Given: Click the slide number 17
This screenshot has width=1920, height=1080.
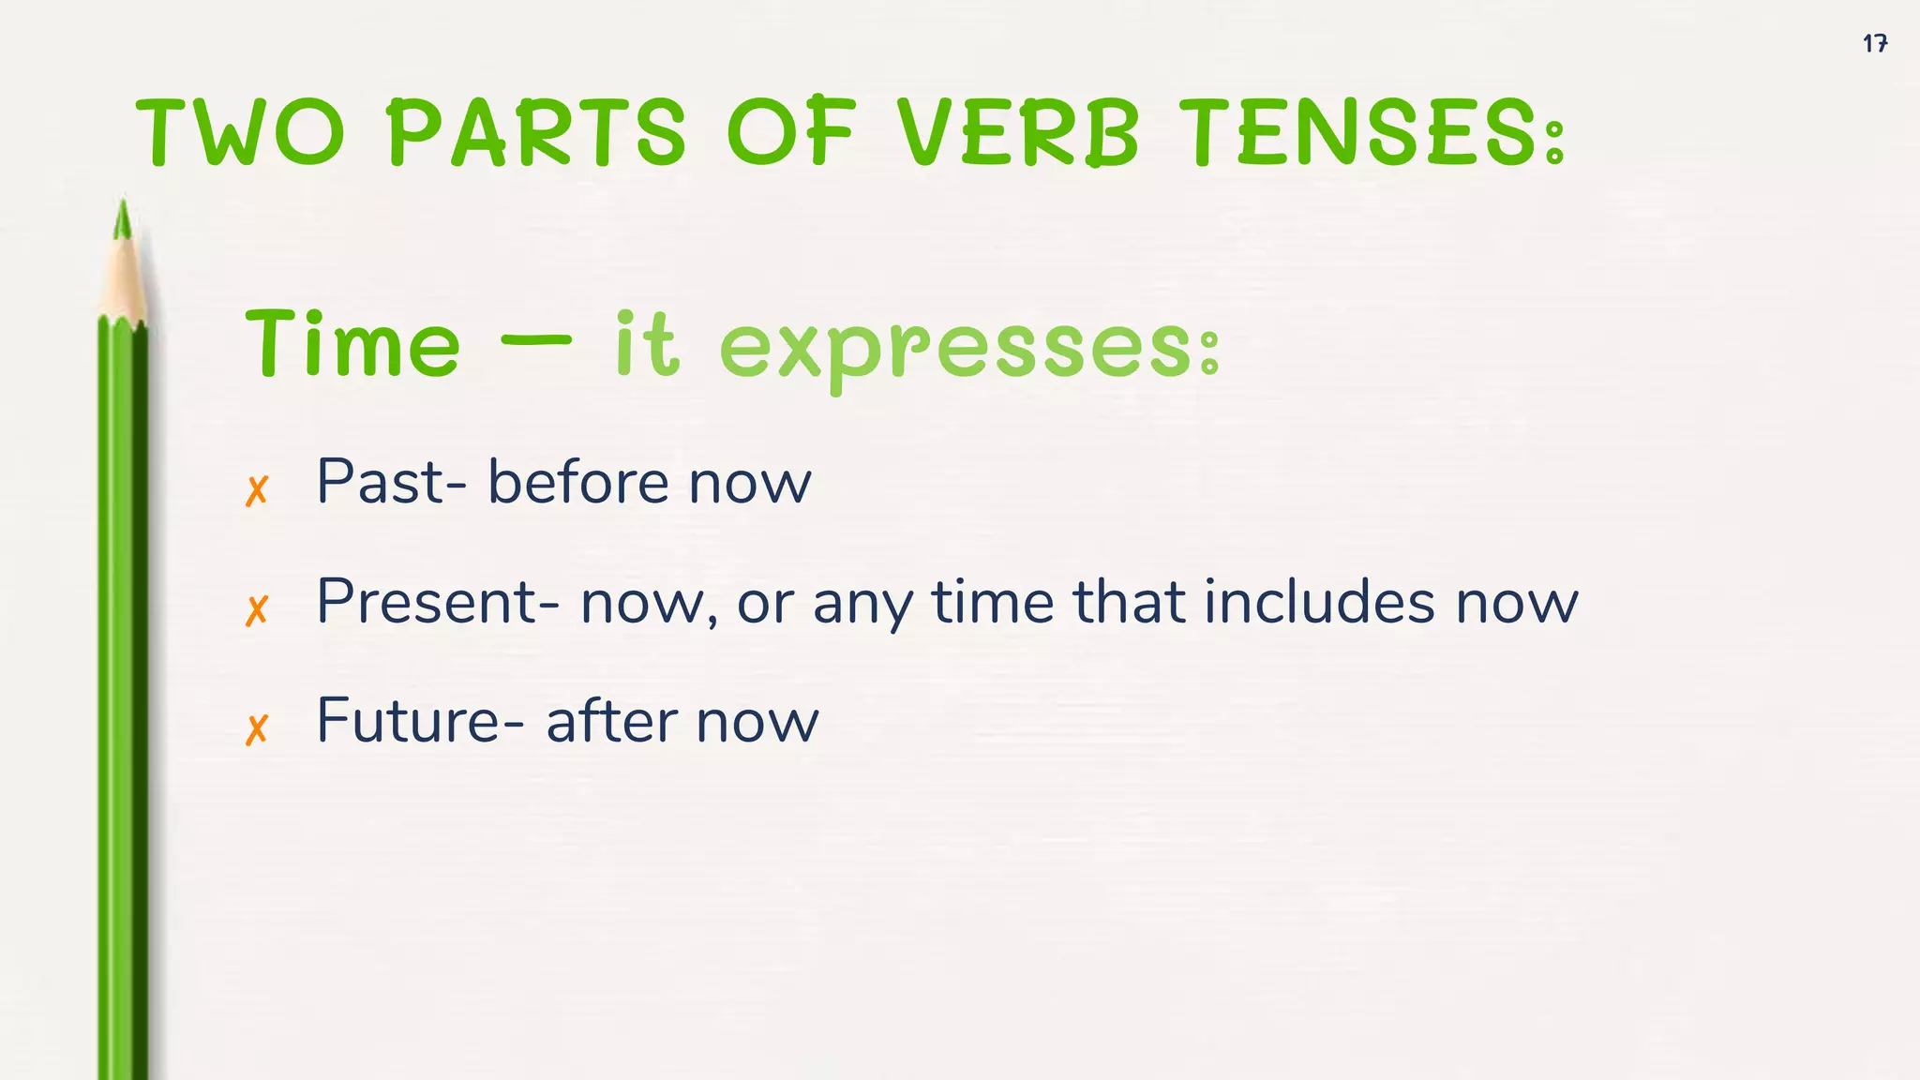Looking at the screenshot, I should coord(1875,43).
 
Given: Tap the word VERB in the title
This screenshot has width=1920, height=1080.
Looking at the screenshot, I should coord(1018,133).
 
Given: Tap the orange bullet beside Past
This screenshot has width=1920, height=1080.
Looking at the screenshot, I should coord(257,490).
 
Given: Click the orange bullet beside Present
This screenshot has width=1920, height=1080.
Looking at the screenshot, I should coord(257,610).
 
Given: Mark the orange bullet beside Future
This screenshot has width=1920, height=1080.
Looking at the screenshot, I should coord(257,729).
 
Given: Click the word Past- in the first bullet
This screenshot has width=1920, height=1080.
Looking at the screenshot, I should coord(391,482).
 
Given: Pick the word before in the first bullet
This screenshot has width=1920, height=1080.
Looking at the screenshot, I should coord(577,482).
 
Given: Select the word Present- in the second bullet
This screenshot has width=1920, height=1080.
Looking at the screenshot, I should coord(438,601).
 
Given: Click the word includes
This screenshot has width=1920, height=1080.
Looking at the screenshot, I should coord(1319,601).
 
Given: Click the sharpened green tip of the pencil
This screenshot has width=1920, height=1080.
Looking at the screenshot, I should coord(122,221).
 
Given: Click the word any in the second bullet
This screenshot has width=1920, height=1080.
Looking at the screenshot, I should coord(862,605).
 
